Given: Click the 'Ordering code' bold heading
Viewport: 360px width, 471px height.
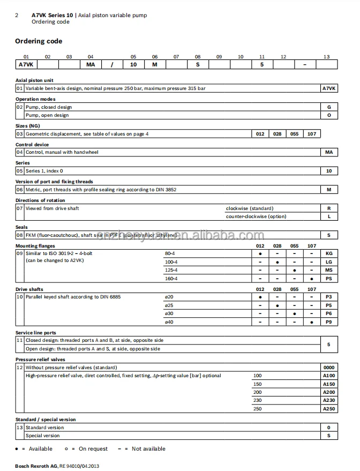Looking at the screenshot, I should (x=39, y=41).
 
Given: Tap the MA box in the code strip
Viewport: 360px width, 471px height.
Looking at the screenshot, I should (x=90, y=64).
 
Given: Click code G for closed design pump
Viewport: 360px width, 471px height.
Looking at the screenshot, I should (x=329, y=107).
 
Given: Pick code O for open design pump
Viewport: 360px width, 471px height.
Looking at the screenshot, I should (x=329, y=115).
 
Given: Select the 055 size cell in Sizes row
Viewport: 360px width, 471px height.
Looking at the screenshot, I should (x=295, y=133).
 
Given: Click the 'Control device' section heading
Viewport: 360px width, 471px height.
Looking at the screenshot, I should (x=32, y=145).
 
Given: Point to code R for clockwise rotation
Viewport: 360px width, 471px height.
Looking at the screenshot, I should (x=329, y=208).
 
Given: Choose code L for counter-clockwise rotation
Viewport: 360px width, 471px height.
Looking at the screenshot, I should (x=329, y=216).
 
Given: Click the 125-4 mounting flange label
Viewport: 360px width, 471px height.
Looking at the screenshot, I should (x=171, y=270).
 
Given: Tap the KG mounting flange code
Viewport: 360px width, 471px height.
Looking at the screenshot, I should (x=329, y=252).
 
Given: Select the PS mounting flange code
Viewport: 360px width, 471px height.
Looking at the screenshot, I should (x=329, y=279).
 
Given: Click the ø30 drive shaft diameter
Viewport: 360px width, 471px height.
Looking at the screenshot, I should (x=169, y=313).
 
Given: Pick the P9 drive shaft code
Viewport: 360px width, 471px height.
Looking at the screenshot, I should (x=329, y=322).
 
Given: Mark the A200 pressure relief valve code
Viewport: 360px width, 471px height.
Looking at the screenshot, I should (x=329, y=392).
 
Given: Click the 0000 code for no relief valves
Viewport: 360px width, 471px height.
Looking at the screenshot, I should (x=329, y=368).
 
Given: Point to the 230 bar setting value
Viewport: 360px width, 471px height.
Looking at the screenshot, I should (x=258, y=400).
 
